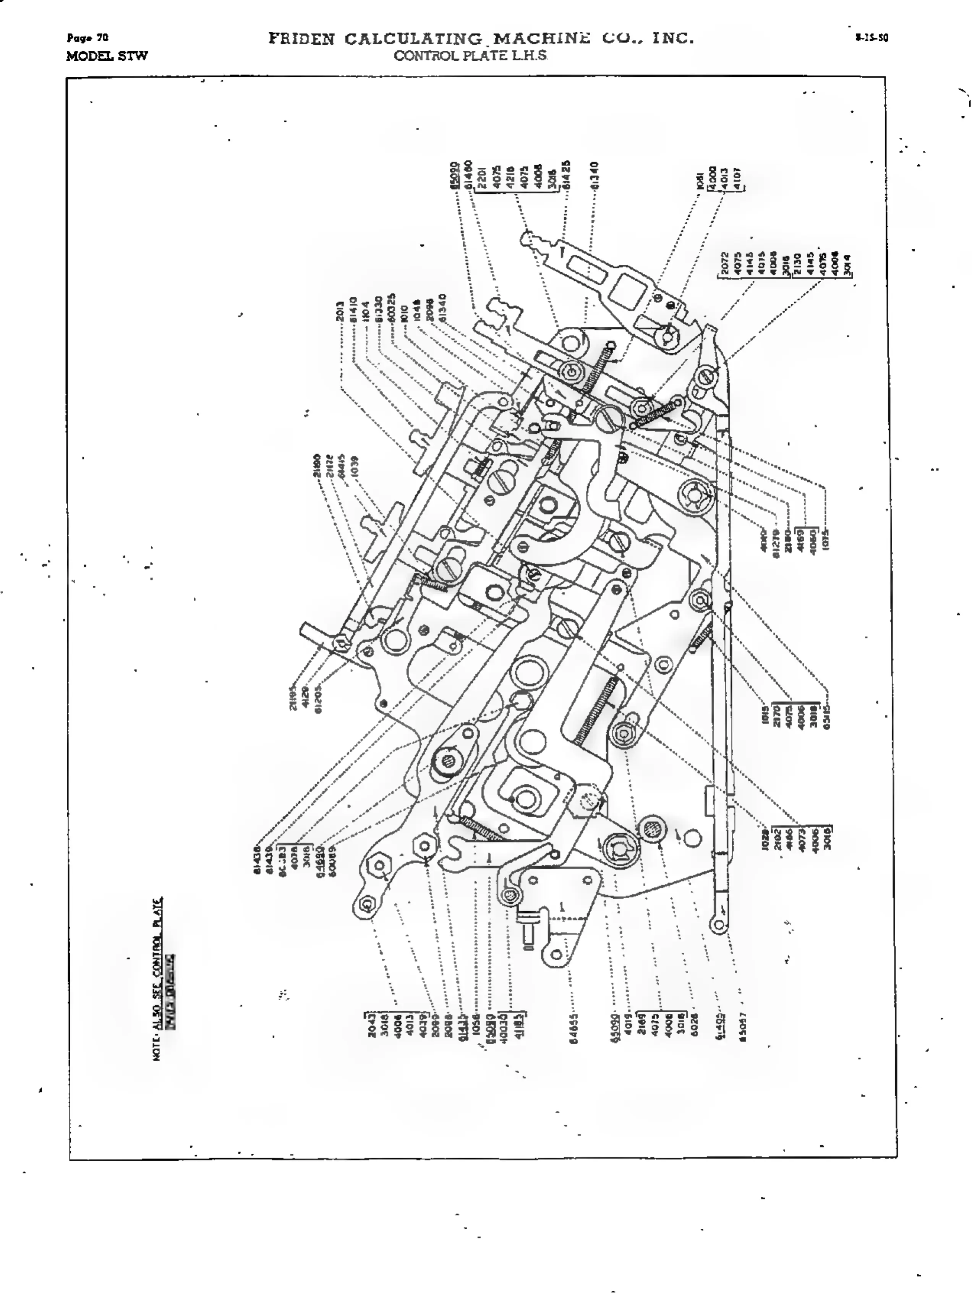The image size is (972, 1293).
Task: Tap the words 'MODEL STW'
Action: click(x=107, y=56)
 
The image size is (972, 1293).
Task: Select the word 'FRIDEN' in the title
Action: click(x=301, y=39)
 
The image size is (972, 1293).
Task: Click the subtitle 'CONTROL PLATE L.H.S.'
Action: click(x=470, y=56)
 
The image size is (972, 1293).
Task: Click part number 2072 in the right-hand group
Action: click(x=725, y=263)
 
